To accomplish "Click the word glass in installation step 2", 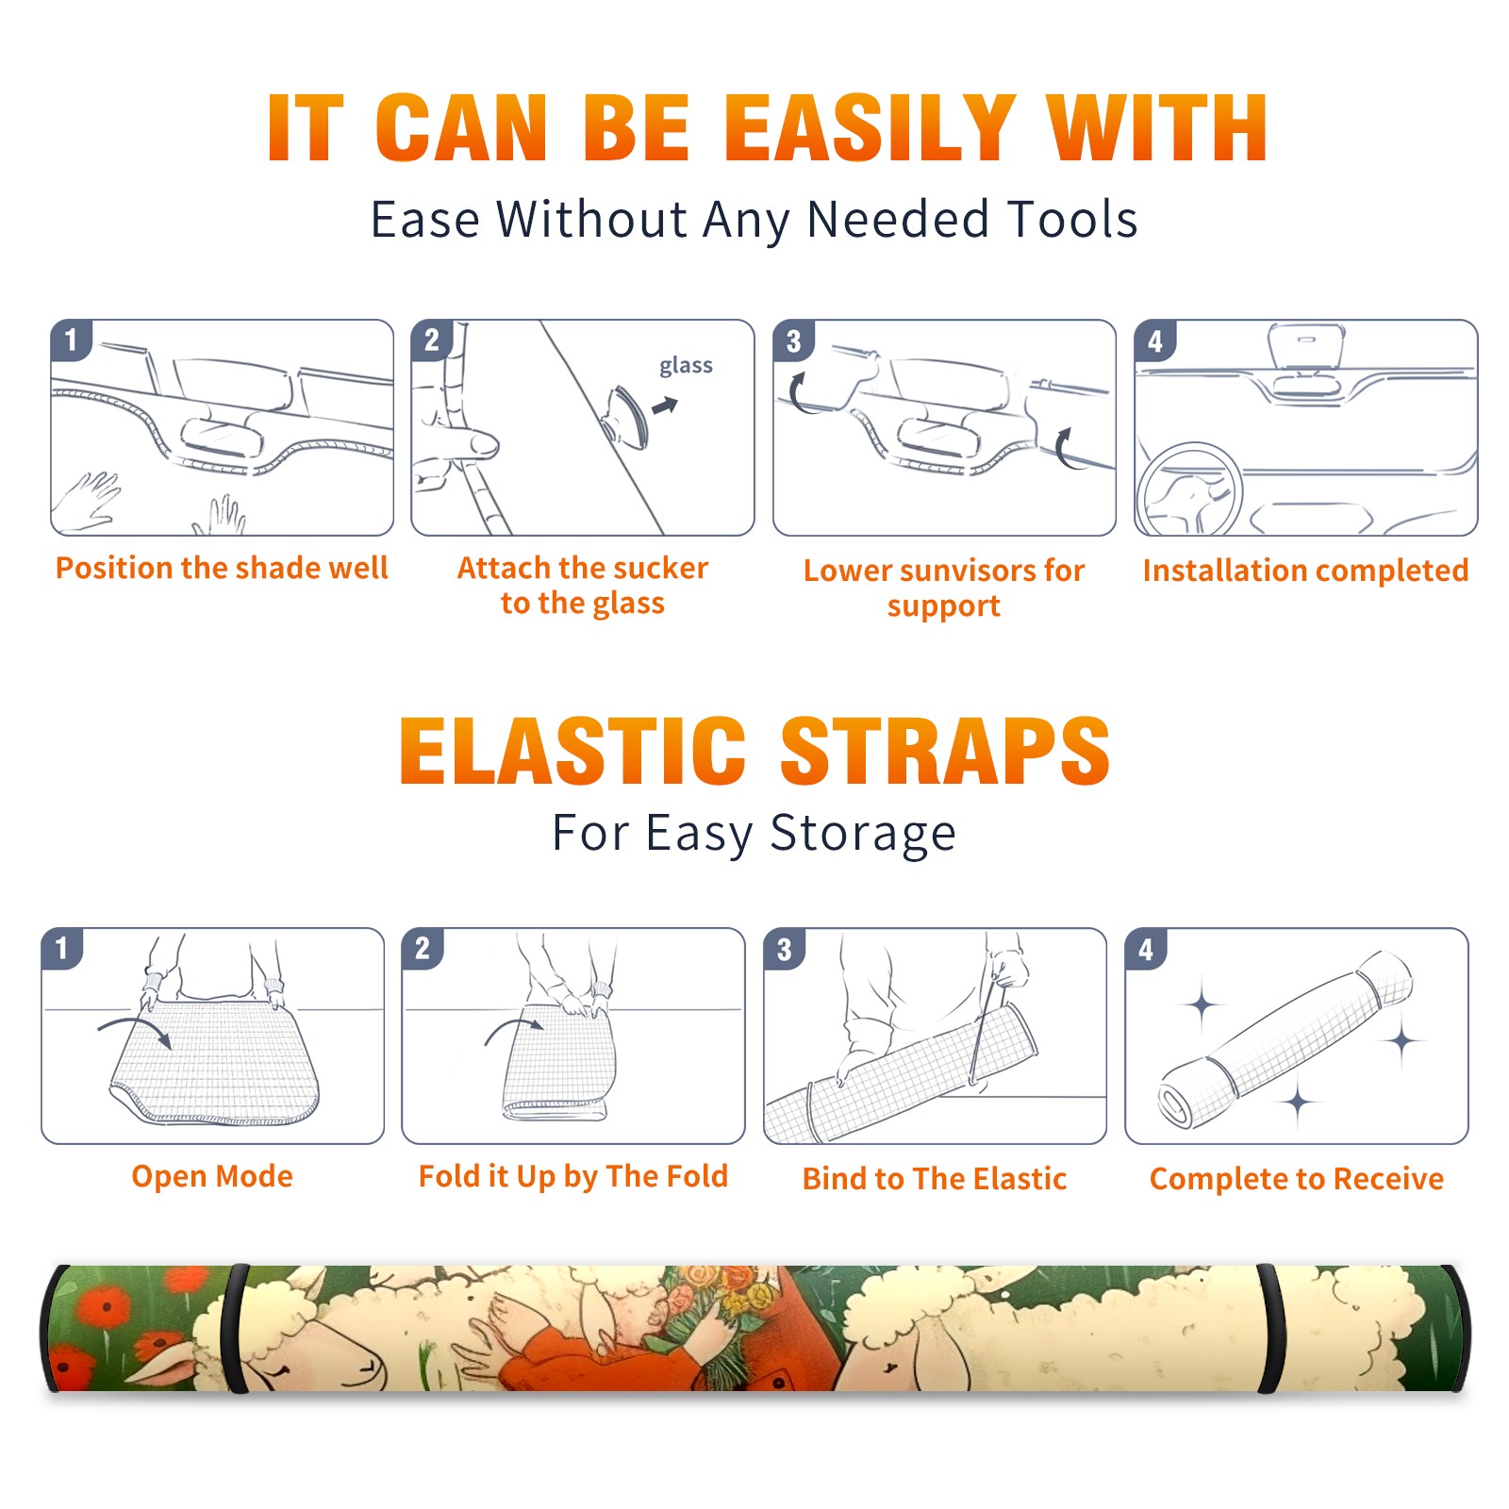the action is click(x=686, y=366).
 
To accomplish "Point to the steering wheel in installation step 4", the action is click(x=1189, y=489).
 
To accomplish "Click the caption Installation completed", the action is click(x=1305, y=570).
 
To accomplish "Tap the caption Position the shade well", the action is click(x=222, y=568).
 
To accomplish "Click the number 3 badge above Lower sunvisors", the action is click(x=793, y=340).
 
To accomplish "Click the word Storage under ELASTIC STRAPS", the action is click(x=863, y=834).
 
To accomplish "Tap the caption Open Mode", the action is click(x=212, y=1176).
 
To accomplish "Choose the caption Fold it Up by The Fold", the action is click(x=573, y=1176).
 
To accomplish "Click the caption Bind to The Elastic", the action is click(x=935, y=1179).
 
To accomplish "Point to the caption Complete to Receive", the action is click(x=1297, y=1179).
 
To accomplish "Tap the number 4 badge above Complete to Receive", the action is click(x=1146, y=949).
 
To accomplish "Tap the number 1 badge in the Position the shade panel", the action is click(x=71, y=340).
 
